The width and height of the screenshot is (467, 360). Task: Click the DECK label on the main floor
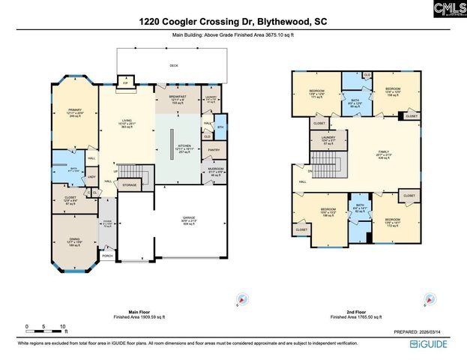click(174, 66)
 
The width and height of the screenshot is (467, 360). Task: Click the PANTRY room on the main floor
click(213, 151)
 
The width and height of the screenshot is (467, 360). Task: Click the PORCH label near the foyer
click(108, 255)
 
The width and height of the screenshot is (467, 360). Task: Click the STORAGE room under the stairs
click(129, 184)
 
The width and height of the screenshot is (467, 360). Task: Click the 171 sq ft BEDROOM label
click(316, 92)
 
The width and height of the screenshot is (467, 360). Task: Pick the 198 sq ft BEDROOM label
click(328, 211)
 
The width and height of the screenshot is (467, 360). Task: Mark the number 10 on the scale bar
click(64, 325)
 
